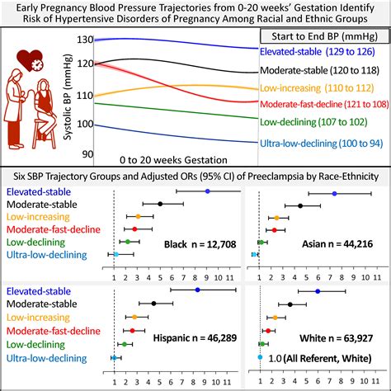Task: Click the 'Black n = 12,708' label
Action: pyautogui.click(x=196, y=245)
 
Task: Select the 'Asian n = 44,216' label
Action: pyautogui.click(x=341, y=245)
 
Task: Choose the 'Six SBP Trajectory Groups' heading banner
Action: pyautogui.click(x=195, y=176)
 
